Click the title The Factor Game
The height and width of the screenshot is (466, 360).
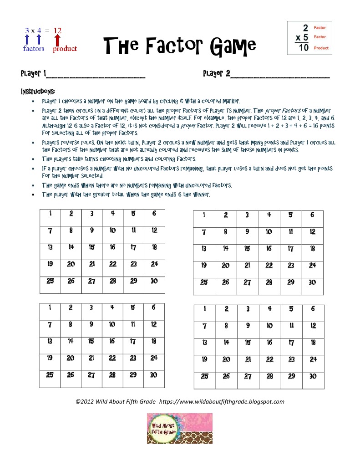[180, 45]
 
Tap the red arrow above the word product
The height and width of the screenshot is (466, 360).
[58, 40]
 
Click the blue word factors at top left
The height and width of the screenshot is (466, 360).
[34, 49]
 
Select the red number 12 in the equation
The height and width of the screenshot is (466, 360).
[57, 31]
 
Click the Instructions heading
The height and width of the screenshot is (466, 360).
[38, 92]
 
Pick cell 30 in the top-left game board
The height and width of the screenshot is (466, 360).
[154, 281]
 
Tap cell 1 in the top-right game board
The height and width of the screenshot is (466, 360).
[204, 215]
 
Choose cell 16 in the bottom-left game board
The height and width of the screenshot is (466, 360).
[112, 341]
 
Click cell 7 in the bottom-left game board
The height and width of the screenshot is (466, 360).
[50, 324]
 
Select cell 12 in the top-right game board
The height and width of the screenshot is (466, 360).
[312, 232]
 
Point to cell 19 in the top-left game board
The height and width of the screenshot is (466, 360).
[50, 264]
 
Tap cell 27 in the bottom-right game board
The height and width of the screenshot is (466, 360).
[248, 376]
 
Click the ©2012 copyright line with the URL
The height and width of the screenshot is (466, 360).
[180, 401]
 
